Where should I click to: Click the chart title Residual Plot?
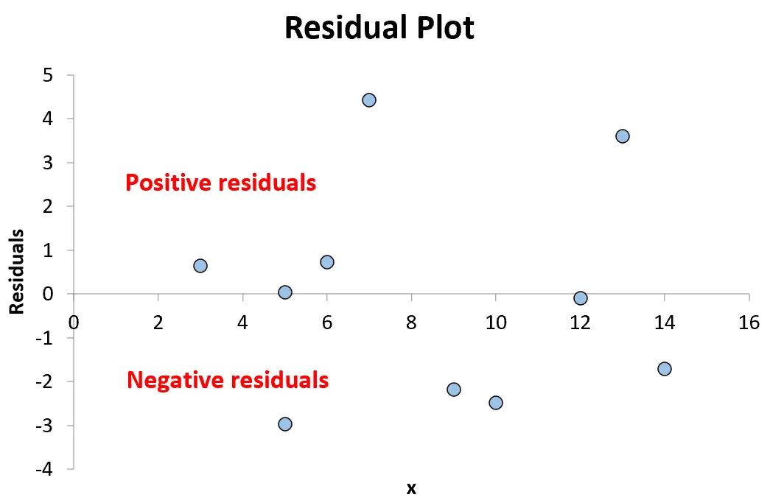click(x=379, y=27)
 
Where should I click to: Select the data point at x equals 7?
click(x=369, y=100)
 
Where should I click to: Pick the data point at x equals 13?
click(x=622, y=136)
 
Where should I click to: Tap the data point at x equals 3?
click(x=200, y=266)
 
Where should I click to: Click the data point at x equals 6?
click(x=327, y=262)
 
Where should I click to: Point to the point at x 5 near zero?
click(x=285, y=292)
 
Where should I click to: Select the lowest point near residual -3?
click(x=285, y=424)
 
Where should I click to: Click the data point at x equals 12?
click(x=581, y=297)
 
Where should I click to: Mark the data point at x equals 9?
click(x=454, y=390)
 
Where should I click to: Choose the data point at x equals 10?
click(x=496, y=403)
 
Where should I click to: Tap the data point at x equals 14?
click(x=665, y=368)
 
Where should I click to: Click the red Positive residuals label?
click(x=221, y=183)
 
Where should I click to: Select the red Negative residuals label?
click(x=228, y=380)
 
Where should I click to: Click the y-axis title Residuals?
click(x=17, y=271)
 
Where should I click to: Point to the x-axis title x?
click(x=411, y=488)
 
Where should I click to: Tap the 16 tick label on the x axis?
click(x=749, y=323)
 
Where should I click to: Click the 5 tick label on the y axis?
click(x=48, y=75)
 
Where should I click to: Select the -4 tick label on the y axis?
click(x=43, y=468)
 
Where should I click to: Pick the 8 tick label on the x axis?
click(x=411, y=323)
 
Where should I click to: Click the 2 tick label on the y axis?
click(x=48, y=206)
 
